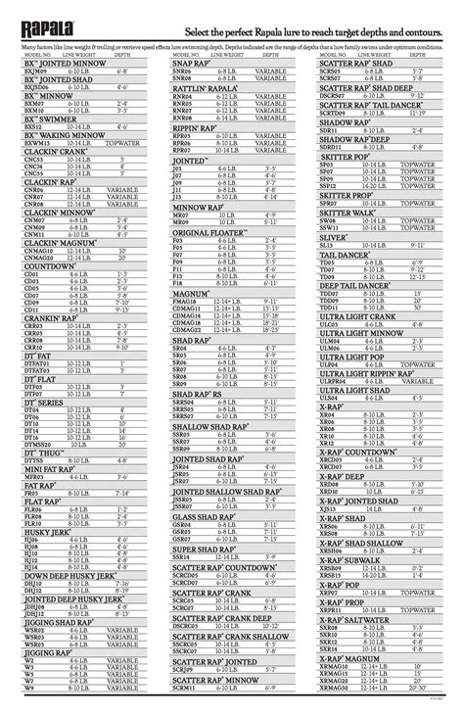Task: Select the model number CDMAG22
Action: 187,329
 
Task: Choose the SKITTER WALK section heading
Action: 348,212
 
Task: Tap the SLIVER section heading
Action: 333,236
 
